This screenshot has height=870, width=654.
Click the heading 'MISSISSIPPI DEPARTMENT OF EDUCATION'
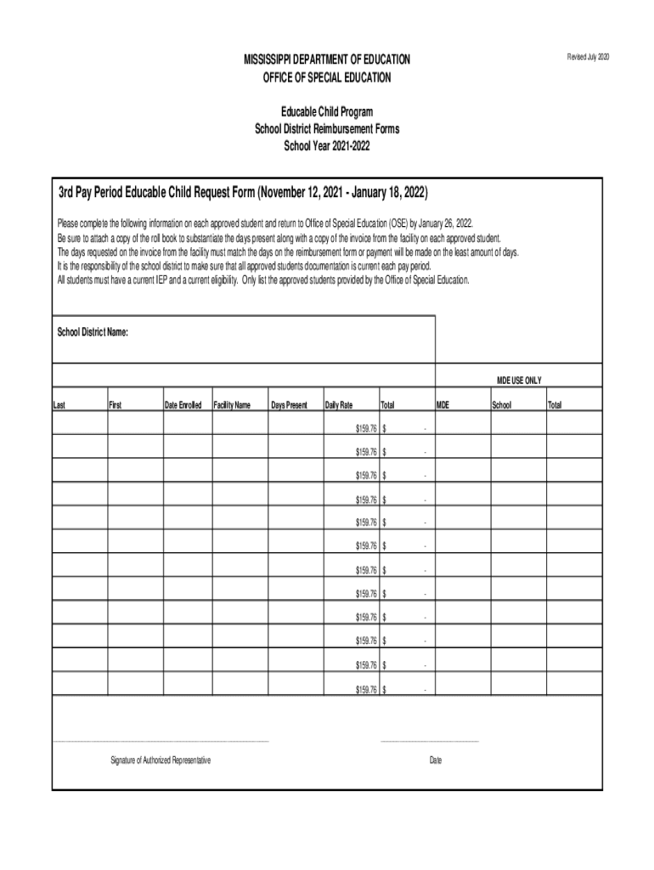pos(327,59)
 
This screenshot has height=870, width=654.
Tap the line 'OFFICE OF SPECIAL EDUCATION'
pos(327,77)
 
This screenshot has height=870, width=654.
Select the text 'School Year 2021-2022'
pos(327,146)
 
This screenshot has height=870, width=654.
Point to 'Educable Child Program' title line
pos(327,112)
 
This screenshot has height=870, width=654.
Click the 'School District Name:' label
pos(93,331)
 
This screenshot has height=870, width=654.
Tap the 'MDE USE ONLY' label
pos(519,380)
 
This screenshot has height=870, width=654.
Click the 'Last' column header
pos(59,405)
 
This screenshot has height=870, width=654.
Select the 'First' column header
pos(116,405)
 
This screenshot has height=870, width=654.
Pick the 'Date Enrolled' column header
pos(183,405)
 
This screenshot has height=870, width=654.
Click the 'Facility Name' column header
pos(232,405)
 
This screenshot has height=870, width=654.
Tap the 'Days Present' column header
pos(289,405)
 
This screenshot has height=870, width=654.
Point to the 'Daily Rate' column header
pos(339,405)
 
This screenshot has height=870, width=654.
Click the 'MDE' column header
pos(443,405)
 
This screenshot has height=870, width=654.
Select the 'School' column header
pos(501,405)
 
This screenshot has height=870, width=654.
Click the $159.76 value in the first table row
pos(365,428)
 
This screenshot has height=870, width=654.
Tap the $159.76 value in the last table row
pos(365,689)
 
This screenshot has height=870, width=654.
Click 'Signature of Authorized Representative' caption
pos(161,760)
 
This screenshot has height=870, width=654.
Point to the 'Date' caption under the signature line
pos(436,760)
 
